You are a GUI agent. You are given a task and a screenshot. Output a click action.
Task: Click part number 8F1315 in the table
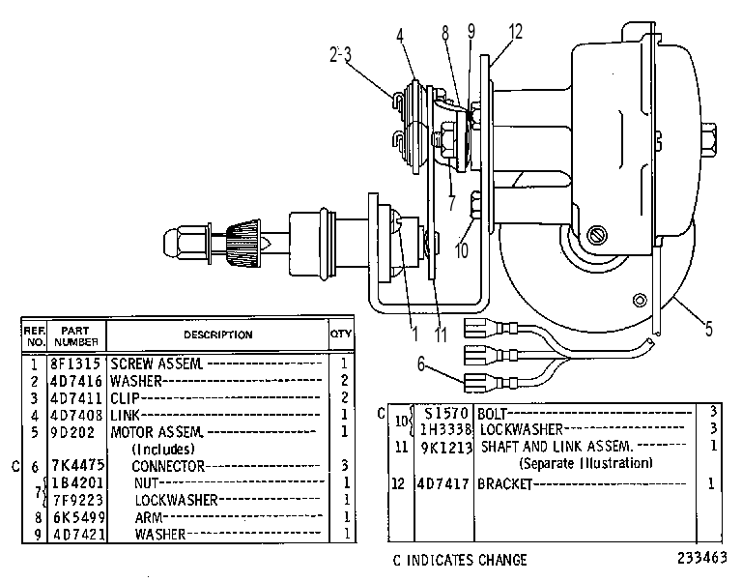pos(75,364)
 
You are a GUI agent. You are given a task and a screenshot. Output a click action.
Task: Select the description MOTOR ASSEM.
pos(157,432)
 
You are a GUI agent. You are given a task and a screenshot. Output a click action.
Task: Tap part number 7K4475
pos(77,465)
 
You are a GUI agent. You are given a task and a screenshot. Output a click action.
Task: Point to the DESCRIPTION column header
pos(218,335)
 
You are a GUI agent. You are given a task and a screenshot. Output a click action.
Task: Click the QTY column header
pos(341,334)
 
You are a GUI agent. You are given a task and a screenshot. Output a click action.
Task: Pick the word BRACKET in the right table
pos(505,483)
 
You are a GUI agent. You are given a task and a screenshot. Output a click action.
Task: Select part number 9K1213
pos(446,447)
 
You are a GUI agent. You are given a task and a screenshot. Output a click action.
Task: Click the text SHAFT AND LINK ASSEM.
pos(556,446)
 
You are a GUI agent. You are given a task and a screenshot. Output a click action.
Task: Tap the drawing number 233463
pos(701,558)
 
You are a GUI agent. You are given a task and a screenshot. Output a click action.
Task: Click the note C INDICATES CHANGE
pos(460,560)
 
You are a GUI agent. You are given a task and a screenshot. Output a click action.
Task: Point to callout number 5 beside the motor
pos(708,328)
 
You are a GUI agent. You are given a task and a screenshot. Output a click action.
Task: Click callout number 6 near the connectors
pos(421,364)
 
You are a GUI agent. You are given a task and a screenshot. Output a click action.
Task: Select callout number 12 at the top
pos(515,32)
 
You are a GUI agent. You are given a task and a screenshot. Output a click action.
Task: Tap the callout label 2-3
pos(340,54)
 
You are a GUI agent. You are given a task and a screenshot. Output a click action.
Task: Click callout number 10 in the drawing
pos(462,249)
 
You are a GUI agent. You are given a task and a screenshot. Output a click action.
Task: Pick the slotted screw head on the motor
pos(597,235)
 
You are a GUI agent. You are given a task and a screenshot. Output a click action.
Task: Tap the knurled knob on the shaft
pos(243,244)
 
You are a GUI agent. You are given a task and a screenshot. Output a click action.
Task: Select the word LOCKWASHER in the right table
pos(522,429)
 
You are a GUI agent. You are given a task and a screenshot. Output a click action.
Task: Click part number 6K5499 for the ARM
pos(77,517)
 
